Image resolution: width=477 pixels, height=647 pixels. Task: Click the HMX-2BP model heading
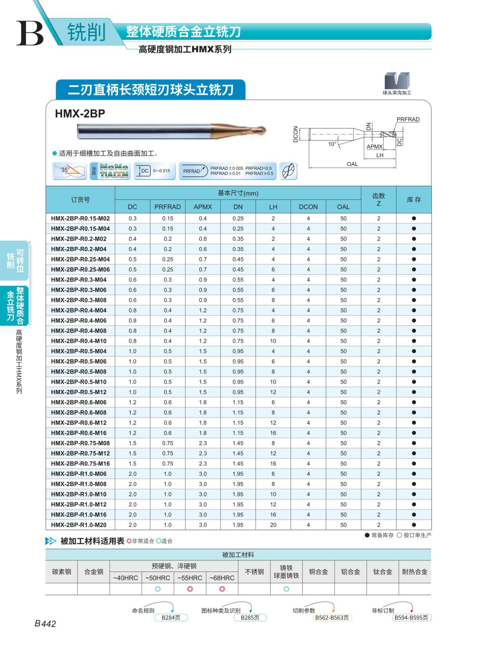click(x=80, y=114)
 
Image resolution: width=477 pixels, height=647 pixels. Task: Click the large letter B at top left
click(x=30, y=33)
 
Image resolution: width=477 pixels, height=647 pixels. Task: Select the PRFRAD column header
click(x=167, y=207)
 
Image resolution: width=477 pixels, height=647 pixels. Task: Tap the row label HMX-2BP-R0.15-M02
click(x=80, y=218)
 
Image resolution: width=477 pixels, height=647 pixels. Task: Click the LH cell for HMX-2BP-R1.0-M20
click(x=273, y=525)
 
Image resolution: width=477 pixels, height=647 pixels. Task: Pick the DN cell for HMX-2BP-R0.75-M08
click(x=238, y=443)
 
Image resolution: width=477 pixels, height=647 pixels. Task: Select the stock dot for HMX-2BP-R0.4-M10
click(x=414, y=341)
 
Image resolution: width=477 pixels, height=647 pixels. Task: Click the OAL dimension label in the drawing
click(x=352, y=164)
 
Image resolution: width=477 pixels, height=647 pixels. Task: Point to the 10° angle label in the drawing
click(x=332, y=144)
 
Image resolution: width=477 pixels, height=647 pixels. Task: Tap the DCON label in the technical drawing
click(x=296, y=134)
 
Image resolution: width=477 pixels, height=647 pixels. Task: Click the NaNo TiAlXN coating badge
click(x=110, y=171)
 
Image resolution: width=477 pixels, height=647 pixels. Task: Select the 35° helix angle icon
click(x=70, y=171)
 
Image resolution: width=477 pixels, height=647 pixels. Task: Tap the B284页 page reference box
click(x=171, y=618)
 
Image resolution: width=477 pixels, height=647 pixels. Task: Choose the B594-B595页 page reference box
click(x=411, y=618)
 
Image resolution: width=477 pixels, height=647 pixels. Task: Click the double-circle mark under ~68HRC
click(x=222, y=589)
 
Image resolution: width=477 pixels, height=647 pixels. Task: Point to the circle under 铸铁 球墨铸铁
click(x=286, y=589)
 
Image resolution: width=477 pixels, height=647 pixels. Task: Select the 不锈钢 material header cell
click(x=254, y=572)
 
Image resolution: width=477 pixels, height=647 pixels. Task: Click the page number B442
click(x=45, y=624)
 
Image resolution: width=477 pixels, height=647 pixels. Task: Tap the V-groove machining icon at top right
click(x=396, y=81)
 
